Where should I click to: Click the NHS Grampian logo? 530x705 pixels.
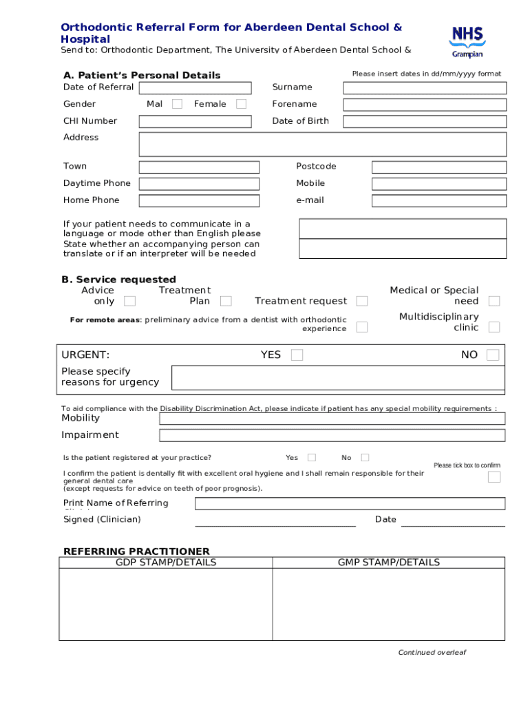(467, 41)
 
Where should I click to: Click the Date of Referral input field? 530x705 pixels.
(195, 87)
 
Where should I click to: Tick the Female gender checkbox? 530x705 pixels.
(241, 104)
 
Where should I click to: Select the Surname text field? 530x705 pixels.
(425, 87)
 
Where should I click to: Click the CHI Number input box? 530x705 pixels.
(195, 121)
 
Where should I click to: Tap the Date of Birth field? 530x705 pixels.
(425, 121)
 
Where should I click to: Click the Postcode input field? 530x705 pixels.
(439, 167)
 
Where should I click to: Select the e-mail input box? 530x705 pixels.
(439, 200)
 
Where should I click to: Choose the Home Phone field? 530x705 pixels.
(199, 200)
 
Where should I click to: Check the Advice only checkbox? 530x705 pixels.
(129, 301)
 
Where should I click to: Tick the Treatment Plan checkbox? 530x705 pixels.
(226, 301)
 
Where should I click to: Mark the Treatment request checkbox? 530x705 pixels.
(362, 301)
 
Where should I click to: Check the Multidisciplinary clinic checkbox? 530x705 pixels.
(494, 327)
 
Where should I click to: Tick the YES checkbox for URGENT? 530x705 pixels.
(297, 355)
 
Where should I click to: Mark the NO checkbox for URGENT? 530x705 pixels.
(493, 355)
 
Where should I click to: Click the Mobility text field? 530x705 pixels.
(332, 419)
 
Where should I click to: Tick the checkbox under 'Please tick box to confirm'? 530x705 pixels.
(494, 477)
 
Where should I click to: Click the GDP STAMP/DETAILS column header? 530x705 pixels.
(166, 562)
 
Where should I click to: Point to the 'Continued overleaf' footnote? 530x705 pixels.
(432, 653)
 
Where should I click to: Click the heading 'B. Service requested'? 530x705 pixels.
(119, 280)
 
